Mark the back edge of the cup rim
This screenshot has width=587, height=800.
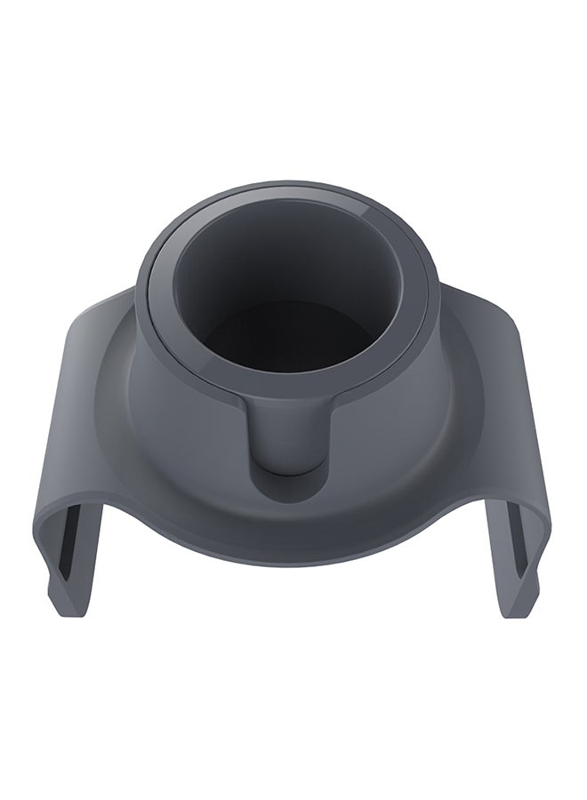pyautogui.click(x=293, y=189)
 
